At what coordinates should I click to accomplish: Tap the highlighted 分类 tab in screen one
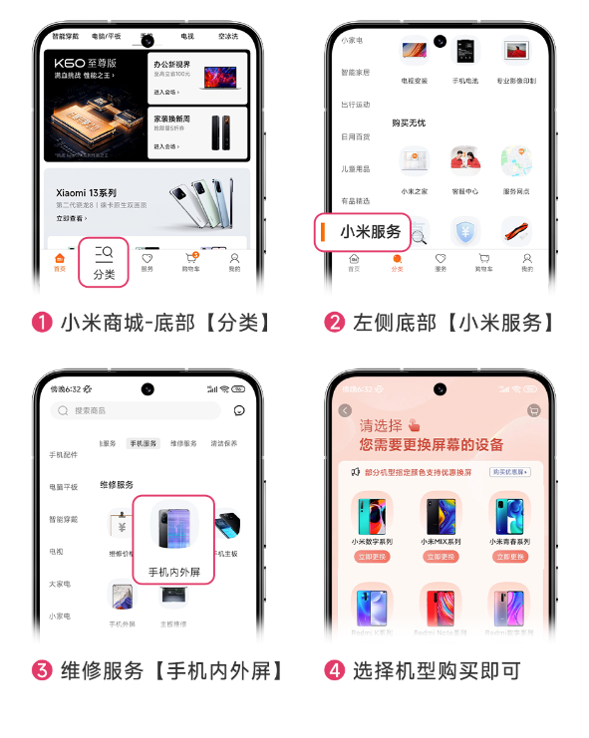tap(104, 263)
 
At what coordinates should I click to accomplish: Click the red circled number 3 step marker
tap(42, 670)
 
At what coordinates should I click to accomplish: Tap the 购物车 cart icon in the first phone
tap(190, 262)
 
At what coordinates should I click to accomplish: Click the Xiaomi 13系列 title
tap(86, 192)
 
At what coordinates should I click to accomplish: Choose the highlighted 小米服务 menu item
tap(365, 233)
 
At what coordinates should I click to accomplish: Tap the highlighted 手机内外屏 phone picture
tap(173, 528)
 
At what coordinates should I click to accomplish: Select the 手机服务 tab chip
tap(143, 443)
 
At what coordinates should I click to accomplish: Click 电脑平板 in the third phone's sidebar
tap(63, 488)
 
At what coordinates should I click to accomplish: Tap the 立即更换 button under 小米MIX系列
tap(441, 557)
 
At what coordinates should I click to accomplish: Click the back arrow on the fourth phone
tap(345, 410)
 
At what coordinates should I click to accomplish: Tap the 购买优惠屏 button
tap(509, 472)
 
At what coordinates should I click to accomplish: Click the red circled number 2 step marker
tap(335, 323)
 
